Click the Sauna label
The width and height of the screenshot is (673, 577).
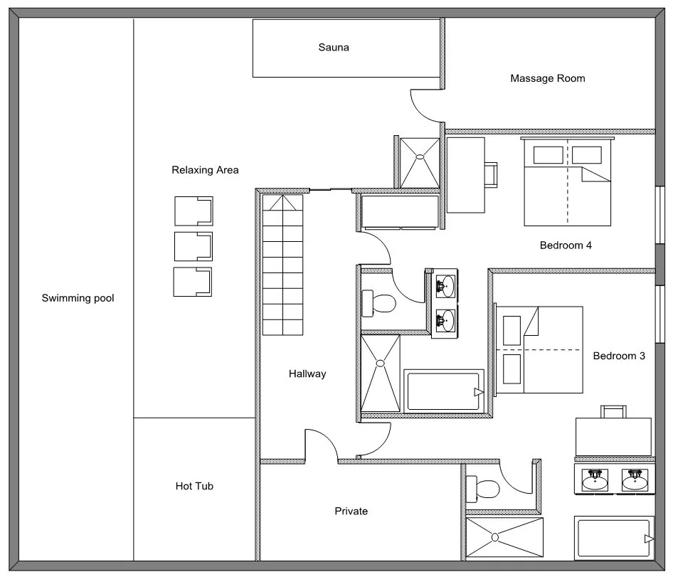click(334, 48)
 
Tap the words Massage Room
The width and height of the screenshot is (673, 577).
click(547, 78)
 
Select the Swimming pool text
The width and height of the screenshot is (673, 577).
click(78, 298)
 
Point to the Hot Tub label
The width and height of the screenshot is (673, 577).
click(194, 487)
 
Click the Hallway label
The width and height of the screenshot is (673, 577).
click(307, 374)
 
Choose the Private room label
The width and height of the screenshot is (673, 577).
click(351, 511)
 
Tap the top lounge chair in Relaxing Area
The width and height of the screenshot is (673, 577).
click(194, 211)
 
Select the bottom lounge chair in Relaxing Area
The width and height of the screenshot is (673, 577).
click(194, 282)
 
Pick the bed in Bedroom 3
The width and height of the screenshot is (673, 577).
click(539, 349)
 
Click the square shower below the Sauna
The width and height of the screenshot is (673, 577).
click(419, 162)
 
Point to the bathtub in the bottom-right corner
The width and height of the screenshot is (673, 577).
click(613, 539)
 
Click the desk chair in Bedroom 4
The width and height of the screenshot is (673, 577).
click(492, 174)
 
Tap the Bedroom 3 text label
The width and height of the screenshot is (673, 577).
click(619, 356)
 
